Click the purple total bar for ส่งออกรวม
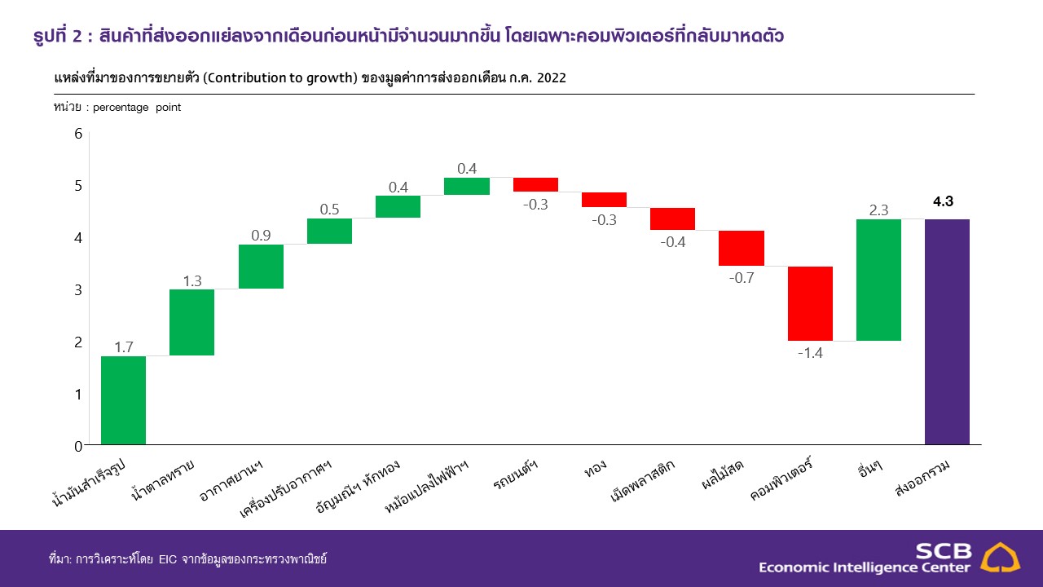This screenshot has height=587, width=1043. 947,332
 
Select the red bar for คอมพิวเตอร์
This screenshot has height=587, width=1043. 810,303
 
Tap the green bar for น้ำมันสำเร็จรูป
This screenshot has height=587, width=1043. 123,400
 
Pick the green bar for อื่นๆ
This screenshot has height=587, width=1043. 878,280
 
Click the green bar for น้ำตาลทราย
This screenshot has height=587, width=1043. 191,322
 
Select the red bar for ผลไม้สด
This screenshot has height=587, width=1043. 742,248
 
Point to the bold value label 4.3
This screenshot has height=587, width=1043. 943,202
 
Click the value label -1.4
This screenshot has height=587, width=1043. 810,352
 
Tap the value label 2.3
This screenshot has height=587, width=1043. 878,210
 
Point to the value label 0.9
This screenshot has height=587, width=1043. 261,235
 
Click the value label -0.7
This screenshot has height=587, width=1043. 742,277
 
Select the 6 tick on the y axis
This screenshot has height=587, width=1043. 78,134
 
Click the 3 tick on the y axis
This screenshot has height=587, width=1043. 78,290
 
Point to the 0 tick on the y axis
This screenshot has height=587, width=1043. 78,446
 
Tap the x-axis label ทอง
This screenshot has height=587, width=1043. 594,471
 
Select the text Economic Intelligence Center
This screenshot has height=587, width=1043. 865,567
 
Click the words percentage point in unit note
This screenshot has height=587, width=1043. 137,108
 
